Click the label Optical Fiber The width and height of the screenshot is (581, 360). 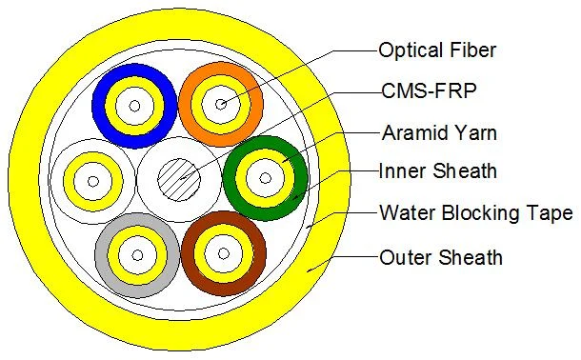[437, 50]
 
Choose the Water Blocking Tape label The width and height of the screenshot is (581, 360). [475, 213]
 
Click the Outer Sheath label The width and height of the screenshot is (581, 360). [440, 256]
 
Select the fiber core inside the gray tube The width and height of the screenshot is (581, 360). [136, 253]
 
